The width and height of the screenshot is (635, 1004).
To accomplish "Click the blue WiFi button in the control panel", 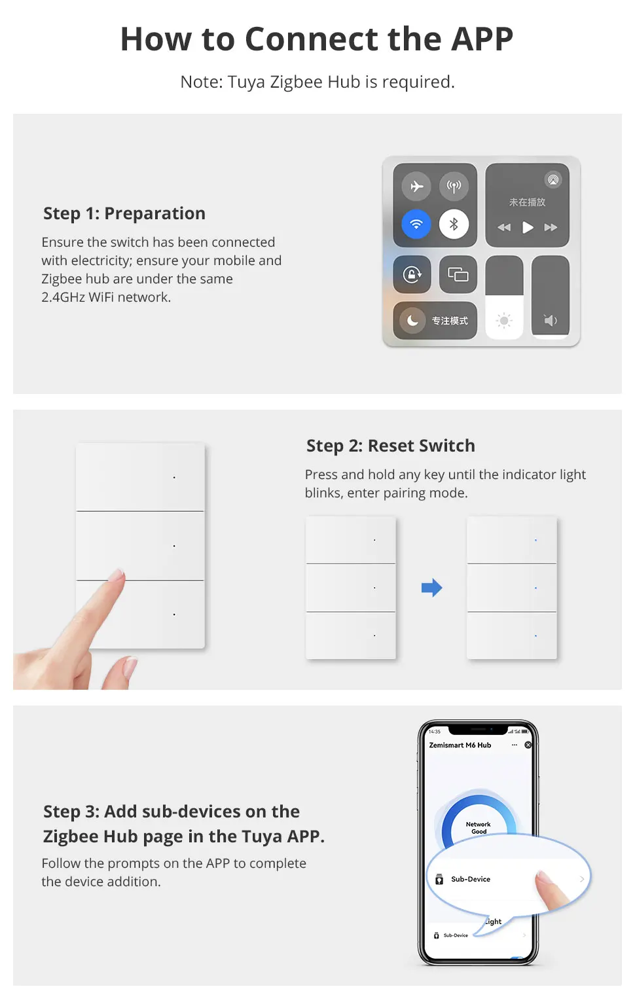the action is pyautogui.click(x=416, y=224).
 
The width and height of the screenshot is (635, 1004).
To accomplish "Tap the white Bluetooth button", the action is pyautogui.click(x=454, y=224).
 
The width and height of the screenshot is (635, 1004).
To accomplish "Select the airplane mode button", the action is pyautogui.click(x=416, y=186).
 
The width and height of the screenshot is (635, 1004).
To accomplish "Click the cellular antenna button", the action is pyautogui.click(x=454, y=186).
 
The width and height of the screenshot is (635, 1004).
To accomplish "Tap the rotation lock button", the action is pyautogui.click(x=412, y=274).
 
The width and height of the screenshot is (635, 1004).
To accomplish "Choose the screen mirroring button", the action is pyautogui.click(x=458, y=274).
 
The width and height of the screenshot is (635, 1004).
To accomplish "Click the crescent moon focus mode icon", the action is pyautogui.click(x=412, y=321).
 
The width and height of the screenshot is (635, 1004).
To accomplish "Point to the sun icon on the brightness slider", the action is pyautogui.click(x=504, y=321).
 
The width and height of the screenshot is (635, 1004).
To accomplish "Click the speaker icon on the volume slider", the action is pyautogui.click(x=551, y=321).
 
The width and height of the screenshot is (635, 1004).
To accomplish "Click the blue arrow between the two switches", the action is pyautogui.click(x=432, y=588).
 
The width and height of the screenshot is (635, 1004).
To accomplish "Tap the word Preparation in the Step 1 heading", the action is pyautogui.click(x=154, y=214).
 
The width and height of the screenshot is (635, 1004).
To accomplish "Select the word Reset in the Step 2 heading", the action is pyautogui.click(x=390, y=446).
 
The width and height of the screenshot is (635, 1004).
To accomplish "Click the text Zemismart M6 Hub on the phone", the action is pyautogui.click(x=460, y=745).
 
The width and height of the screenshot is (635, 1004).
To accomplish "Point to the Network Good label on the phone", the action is pyautogui.click(x=479, y=828).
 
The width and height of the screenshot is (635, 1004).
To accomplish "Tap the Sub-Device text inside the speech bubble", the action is pyautogui.click(x=471, y=879).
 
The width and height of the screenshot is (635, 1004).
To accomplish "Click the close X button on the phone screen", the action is pyautogui.click(x=528, y=745).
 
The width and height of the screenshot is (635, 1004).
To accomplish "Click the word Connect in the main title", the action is pyautogui.click(x=312, y=39).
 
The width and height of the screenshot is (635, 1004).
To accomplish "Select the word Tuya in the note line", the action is pyautogui.click(x=246, y=82).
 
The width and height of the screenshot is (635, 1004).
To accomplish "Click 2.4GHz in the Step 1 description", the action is pyautogui.click(x=63, y=297).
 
